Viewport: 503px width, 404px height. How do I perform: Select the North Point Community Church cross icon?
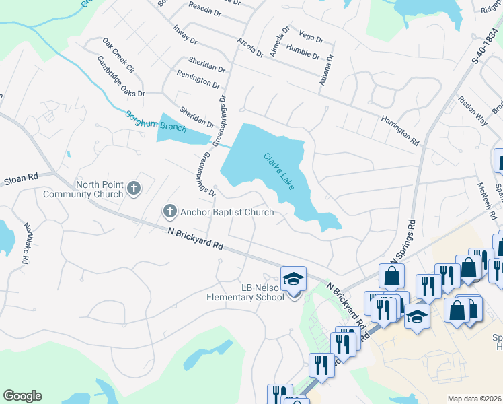[x=134, y=188]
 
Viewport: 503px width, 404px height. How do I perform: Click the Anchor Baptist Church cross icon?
[x=170, y=212]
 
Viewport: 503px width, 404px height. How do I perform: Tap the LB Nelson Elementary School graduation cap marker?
[x=293, y=279]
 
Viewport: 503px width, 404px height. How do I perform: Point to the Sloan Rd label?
[x=22, y=178]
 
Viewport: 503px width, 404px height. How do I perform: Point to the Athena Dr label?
[x=326, y=70]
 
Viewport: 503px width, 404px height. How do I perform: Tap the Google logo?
[x=22, y=396]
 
